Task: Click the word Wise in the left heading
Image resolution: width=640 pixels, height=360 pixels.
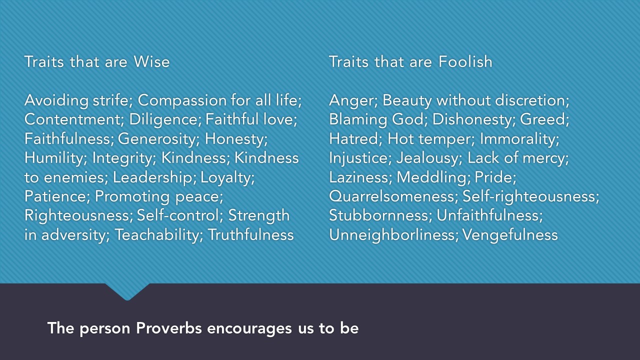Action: click(151, 61)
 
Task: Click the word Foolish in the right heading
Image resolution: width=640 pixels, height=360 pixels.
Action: click(465, 61)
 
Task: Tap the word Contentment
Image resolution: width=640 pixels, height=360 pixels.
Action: click(74, 119)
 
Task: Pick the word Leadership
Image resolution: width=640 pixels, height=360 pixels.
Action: click(156, 177)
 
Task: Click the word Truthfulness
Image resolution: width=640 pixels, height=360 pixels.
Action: click(250, 234)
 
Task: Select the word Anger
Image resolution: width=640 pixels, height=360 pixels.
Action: click(353, 100)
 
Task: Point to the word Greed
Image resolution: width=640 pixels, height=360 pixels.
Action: click(544, 119)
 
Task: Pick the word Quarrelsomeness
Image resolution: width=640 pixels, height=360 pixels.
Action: click(392, 196)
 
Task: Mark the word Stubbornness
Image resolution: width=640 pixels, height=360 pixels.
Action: click(380, 215)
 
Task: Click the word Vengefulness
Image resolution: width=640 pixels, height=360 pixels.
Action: click(509, 234)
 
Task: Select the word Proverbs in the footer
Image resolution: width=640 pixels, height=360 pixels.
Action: click(169, 328)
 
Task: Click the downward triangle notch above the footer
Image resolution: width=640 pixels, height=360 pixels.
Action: click(127, 291)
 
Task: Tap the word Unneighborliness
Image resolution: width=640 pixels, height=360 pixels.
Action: click(393, 234)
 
